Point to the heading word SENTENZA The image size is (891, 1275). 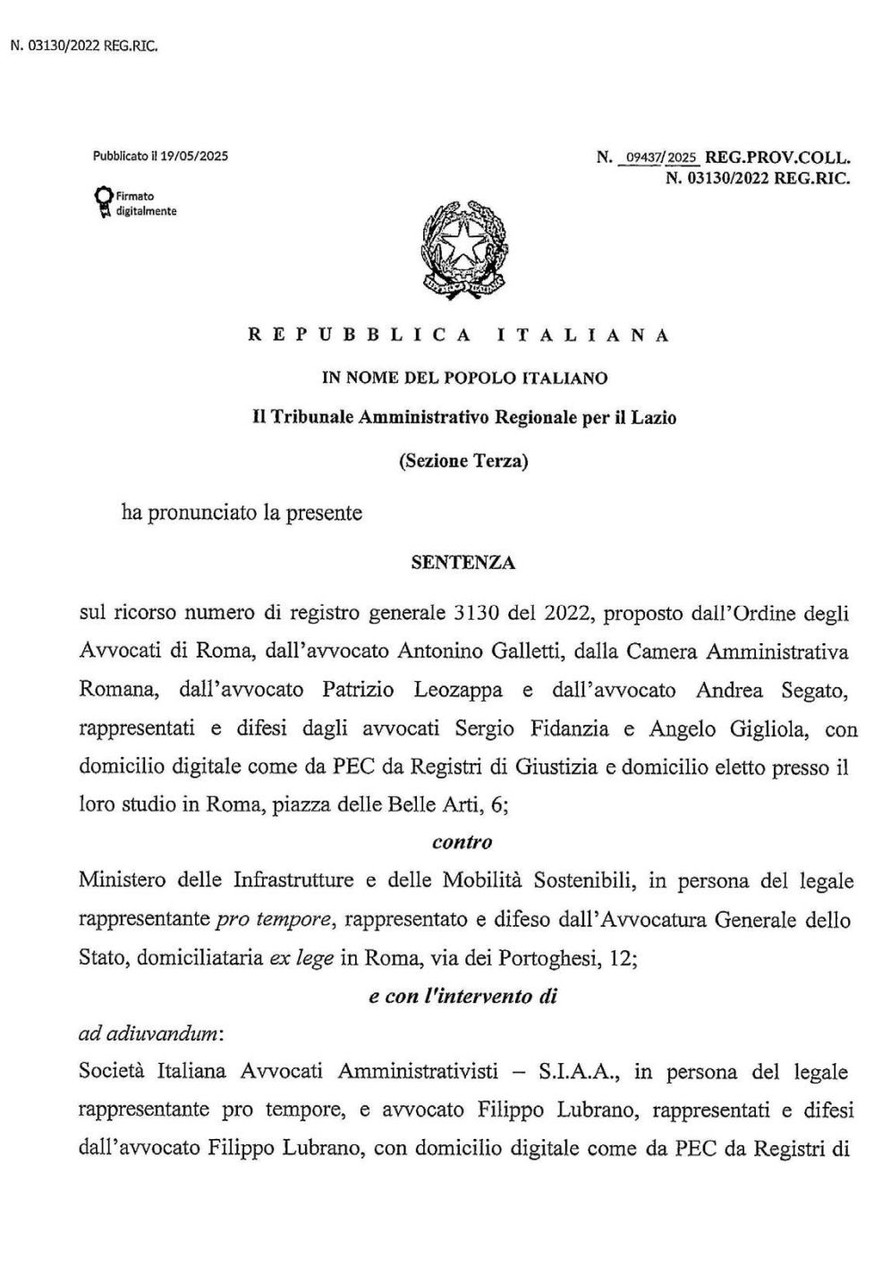pyautogui.click(x=462, y=563)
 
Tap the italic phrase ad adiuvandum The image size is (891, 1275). pyautogui.click(x=150, y=1033)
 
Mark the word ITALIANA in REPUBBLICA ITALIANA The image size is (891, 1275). pyautogui.click(x=581, y=336)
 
